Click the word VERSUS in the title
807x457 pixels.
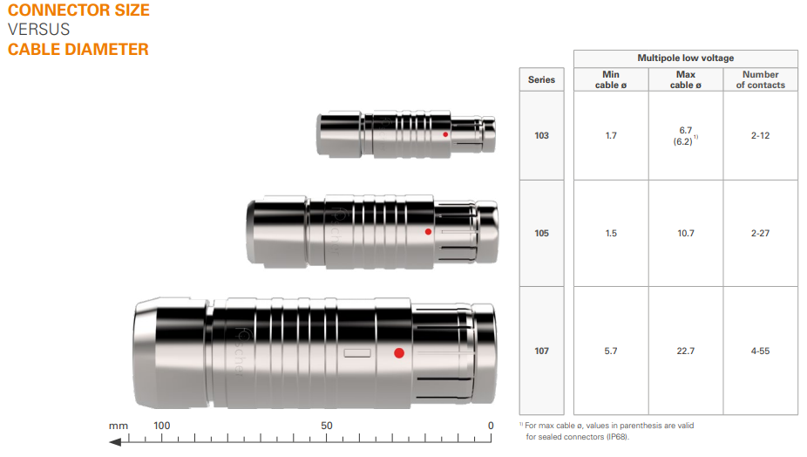(x=38, y=30)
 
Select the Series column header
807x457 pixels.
(x=541, y=80)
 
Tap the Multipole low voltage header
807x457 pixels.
(x=686, y=58)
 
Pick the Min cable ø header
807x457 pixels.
(x=611, y=80)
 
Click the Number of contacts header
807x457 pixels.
(x=760, y=80)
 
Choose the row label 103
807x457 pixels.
(x=541, y=135)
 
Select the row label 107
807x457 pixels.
(x=541, y=351)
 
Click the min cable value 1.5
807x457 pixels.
(x=611, y=234)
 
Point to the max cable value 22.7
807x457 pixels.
(x=686, y=351)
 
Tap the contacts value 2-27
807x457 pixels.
(x=760, y=234)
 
